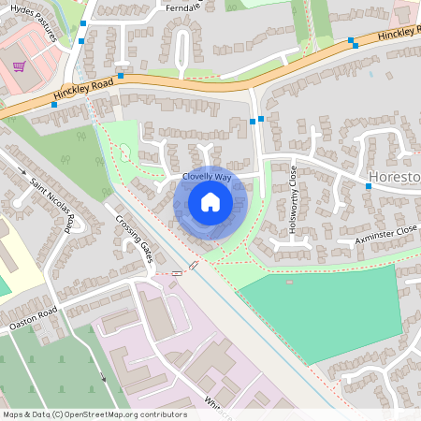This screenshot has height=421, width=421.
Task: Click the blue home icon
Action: (210, 202)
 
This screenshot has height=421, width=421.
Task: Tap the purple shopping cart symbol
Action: (20, 66)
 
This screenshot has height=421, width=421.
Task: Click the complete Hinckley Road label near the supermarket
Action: (84, 94)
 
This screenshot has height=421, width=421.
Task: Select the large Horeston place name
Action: (394, 177)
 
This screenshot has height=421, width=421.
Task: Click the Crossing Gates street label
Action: (133, 239)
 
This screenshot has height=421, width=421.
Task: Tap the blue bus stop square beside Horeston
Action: (369, 186)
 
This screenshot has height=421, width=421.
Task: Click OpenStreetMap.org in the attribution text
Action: (105, 414)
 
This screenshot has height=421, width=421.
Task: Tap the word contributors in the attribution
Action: (166, 414)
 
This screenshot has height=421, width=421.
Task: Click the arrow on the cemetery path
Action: (103, 378)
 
